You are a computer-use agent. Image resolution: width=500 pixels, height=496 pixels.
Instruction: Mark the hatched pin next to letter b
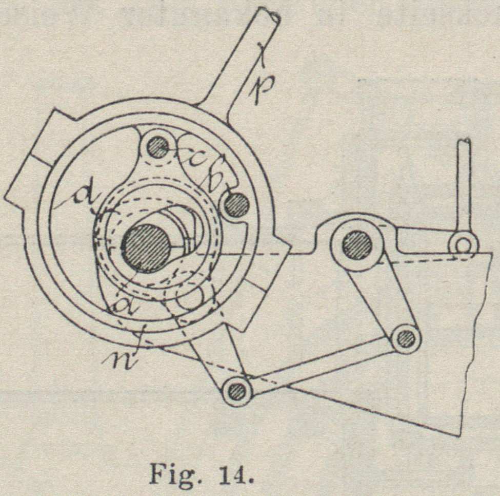coord(236,205)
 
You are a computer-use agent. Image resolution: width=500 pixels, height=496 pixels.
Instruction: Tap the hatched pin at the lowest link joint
coord(237,391)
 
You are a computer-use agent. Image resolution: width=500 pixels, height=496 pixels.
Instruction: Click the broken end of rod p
coord(270,15)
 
